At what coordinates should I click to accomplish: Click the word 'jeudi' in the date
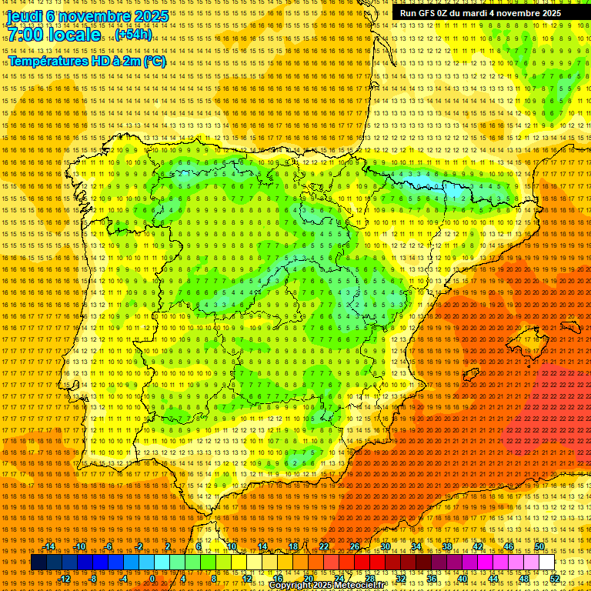24,15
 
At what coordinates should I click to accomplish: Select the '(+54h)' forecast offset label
134,35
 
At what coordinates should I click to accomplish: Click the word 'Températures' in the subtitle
46,62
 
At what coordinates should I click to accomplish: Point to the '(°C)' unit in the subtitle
154,62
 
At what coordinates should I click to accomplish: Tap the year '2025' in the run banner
549,13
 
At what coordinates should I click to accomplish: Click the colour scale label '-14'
49,546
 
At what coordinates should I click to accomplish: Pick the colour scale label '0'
152,579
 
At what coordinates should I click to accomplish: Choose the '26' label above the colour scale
354,546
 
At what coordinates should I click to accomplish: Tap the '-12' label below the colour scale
65,579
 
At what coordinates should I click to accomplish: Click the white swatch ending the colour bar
547,563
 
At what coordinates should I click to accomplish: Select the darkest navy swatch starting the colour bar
38,563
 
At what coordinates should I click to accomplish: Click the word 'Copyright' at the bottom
291,586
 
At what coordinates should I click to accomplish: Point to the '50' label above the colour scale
539,546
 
